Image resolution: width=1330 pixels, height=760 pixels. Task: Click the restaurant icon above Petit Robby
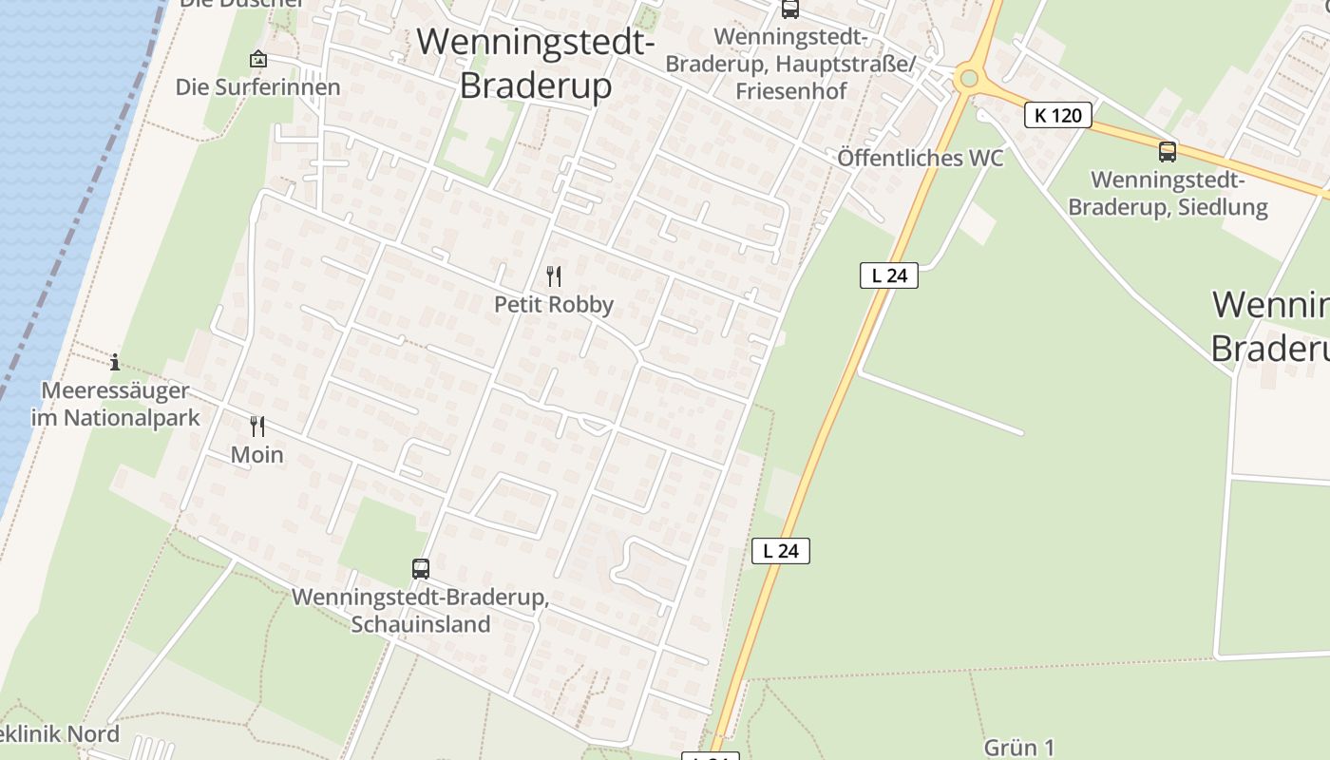click(x=554, y=276)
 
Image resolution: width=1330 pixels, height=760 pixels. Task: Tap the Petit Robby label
click(x=554, y=305)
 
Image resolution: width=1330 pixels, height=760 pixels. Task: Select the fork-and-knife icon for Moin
click(x=257, y=426)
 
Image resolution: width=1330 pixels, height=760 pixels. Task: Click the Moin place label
click(x=257, y=455)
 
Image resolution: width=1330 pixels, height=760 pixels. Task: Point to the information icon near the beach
click(x=115, y=362)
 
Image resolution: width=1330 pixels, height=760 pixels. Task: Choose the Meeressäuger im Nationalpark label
click(x=116, y=404)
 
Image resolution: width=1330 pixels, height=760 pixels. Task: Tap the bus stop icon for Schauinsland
click(x=421, y=569)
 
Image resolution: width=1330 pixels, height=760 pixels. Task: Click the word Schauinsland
click(x=421, y=624)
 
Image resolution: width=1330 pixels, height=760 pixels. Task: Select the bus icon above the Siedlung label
click(x=1168, y=151)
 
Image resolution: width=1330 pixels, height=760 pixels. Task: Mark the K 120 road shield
click(x=1058, y=116)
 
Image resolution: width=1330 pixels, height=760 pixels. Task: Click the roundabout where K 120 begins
click(x=969, y=78)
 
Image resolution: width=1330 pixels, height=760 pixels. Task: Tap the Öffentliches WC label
click(x=920, y=159)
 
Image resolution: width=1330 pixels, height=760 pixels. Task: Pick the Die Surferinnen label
click(x=257, y=87)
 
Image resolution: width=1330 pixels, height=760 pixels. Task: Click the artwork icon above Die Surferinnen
click(x=257, y=59)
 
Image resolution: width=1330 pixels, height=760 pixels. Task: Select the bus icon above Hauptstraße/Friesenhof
click(x=789, y=9)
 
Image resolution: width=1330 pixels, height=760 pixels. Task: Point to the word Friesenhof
click(x=790, y=92)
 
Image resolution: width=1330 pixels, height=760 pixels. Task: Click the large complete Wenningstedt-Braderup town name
click(x=536, y=63)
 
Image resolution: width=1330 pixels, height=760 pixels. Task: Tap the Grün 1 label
click(x=1019, y=748)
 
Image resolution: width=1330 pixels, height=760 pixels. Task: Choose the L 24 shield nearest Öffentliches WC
click(x=889, y=275)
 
